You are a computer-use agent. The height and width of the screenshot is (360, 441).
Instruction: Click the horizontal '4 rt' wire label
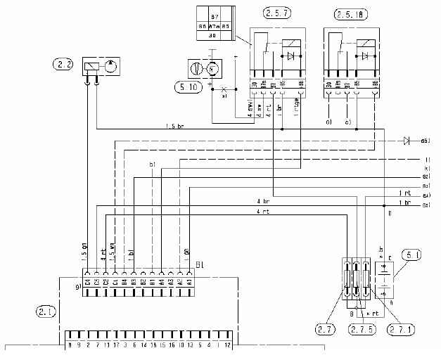coord(262,211)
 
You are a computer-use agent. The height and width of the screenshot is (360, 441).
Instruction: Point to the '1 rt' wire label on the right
coord(404,193)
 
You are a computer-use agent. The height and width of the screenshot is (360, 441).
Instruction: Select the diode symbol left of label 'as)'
coord(407,141)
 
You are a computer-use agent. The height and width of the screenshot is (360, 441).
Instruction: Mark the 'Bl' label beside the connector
coord(199,266)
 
